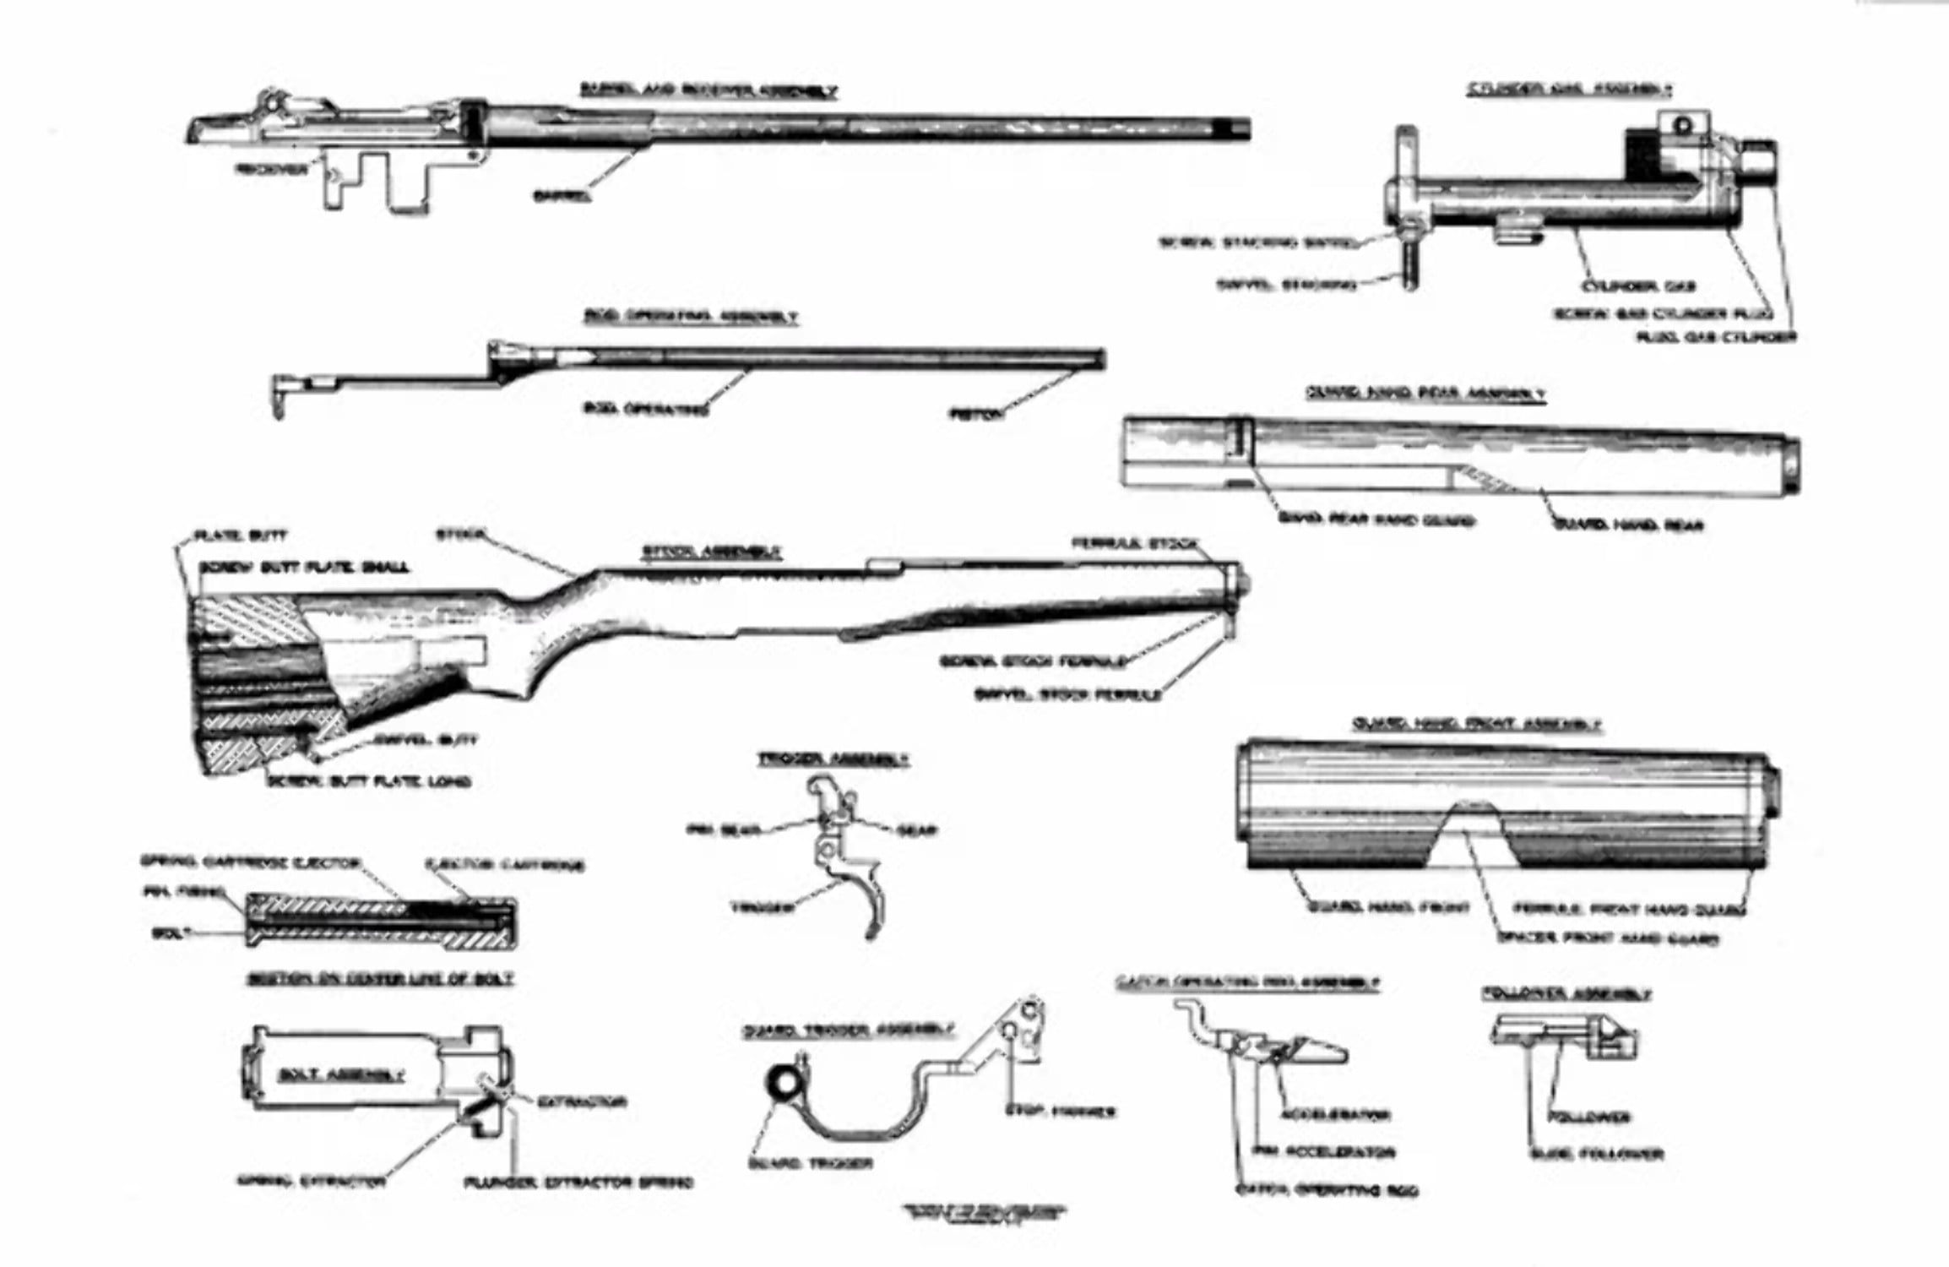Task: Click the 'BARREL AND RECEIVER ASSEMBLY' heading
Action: pyautogui.click(x=708, y=90)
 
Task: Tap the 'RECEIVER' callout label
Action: pyautogui.click(x=271, y=169)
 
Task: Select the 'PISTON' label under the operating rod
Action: pyautogui.click(x=978, y=414)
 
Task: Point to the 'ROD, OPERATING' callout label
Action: pyautogui.click(x=646, y=410)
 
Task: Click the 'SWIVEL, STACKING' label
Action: pyautogui.click(x=1286, y=285)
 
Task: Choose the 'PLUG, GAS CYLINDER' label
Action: pyautogui.click(x=1716, y=336)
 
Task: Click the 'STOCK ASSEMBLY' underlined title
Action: pyautogui.click(x=712, y=552)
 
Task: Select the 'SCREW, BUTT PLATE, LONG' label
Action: pyautogui.click(x=369, y=782)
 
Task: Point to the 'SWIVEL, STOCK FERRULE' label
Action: pyautogui.click(x=1067, y=694)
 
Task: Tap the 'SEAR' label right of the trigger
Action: pyautogui.click(x=917, y=831)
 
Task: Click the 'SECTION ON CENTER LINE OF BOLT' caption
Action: pyautogui.click(x=380, y=979)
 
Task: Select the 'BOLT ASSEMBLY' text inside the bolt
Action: pyautogui.click(x=341, y=1075)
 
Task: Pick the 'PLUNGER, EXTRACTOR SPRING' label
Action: pyautogui.click(x=578, y=1183)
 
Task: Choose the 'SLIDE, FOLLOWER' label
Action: pyautogui.click(x=1596, y=1154)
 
